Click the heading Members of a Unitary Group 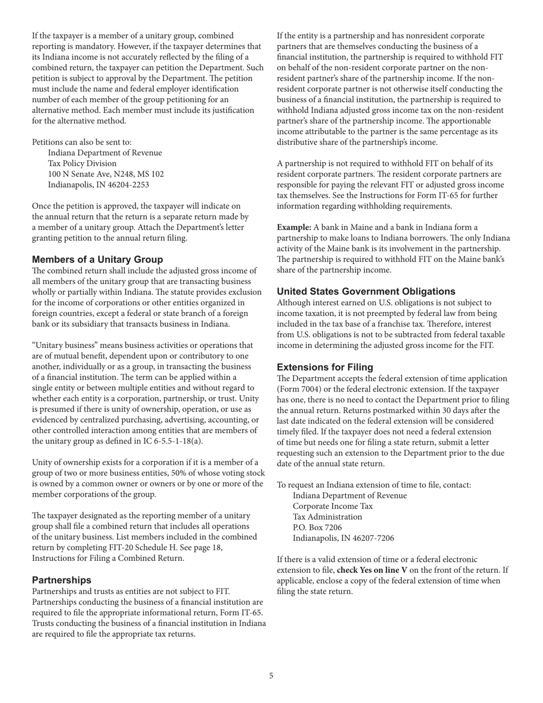coord(97,259)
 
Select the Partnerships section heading coord(62,580)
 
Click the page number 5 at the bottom coord(271,676)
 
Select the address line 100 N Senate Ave coord(106,174)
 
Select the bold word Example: coord(294,227)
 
